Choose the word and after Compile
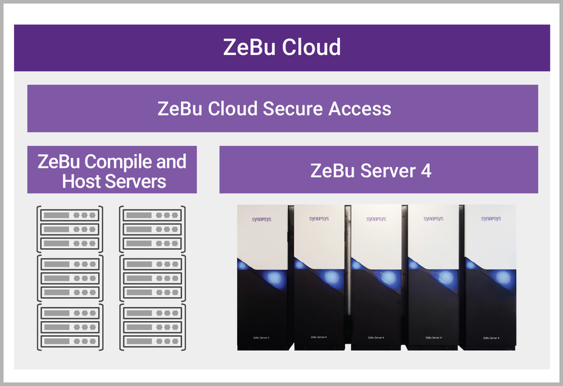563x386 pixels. coord(171,161)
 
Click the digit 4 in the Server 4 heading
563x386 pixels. coord(425,170)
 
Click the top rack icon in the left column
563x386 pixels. coord(70,229)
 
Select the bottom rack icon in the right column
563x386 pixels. coord(152,327)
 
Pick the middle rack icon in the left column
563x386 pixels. coord(70,278)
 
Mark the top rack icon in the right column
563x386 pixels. coord(152,229)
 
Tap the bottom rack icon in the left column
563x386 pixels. coord(70,327)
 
